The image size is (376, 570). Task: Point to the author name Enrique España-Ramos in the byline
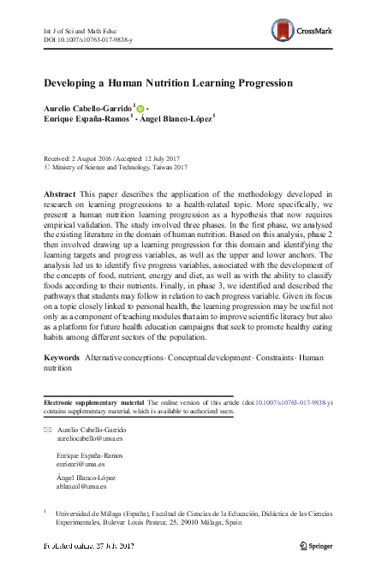tap(85, 121)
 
